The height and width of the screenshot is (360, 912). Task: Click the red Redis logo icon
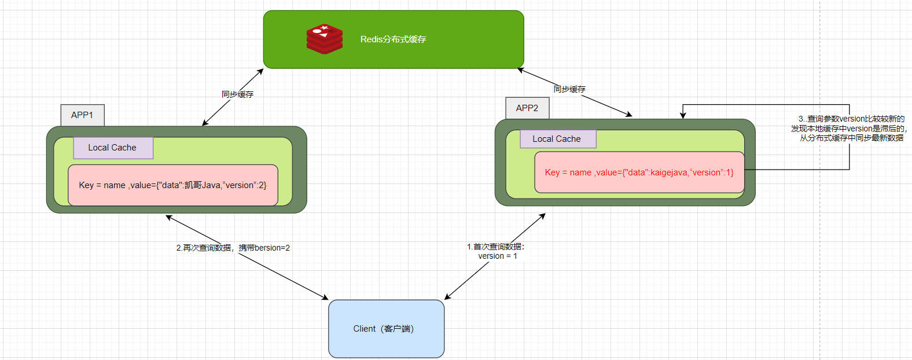coord(324,39)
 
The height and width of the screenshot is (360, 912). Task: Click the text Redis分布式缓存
coord(393,39)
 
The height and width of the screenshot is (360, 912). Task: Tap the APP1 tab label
coord(82,115)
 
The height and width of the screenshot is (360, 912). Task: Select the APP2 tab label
coord(527,108)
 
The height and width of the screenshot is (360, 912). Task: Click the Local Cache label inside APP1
coord(112,148)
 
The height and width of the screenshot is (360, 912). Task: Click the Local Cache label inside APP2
coord(557,139)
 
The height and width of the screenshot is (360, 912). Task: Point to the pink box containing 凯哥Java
coord(172,185)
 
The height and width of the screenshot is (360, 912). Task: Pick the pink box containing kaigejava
coord(639,172)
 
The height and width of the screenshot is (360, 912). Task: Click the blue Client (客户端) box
coord(386,329)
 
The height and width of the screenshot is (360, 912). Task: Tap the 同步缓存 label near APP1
coord(237,94)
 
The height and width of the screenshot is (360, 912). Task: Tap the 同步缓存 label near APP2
coord(569,89)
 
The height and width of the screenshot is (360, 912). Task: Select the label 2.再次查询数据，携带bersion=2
coord(233,248)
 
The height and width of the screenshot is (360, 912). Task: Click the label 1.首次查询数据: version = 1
coord(496,251)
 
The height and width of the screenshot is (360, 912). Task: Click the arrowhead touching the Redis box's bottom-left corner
coord(261,71)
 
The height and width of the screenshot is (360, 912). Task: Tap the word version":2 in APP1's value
coord(246,185)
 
